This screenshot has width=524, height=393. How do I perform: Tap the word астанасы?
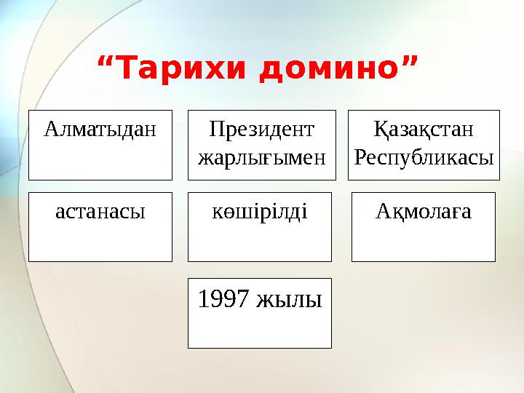100,212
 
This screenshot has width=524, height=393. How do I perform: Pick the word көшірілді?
259,212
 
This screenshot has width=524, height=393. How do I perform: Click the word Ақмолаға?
423,212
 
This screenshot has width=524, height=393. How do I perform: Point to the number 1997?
223,298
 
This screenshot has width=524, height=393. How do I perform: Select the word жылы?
290,298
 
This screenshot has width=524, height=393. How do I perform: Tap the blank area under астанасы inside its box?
100,243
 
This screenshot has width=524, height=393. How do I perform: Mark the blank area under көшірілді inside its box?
259,243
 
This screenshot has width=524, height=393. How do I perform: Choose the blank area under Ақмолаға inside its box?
423,243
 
